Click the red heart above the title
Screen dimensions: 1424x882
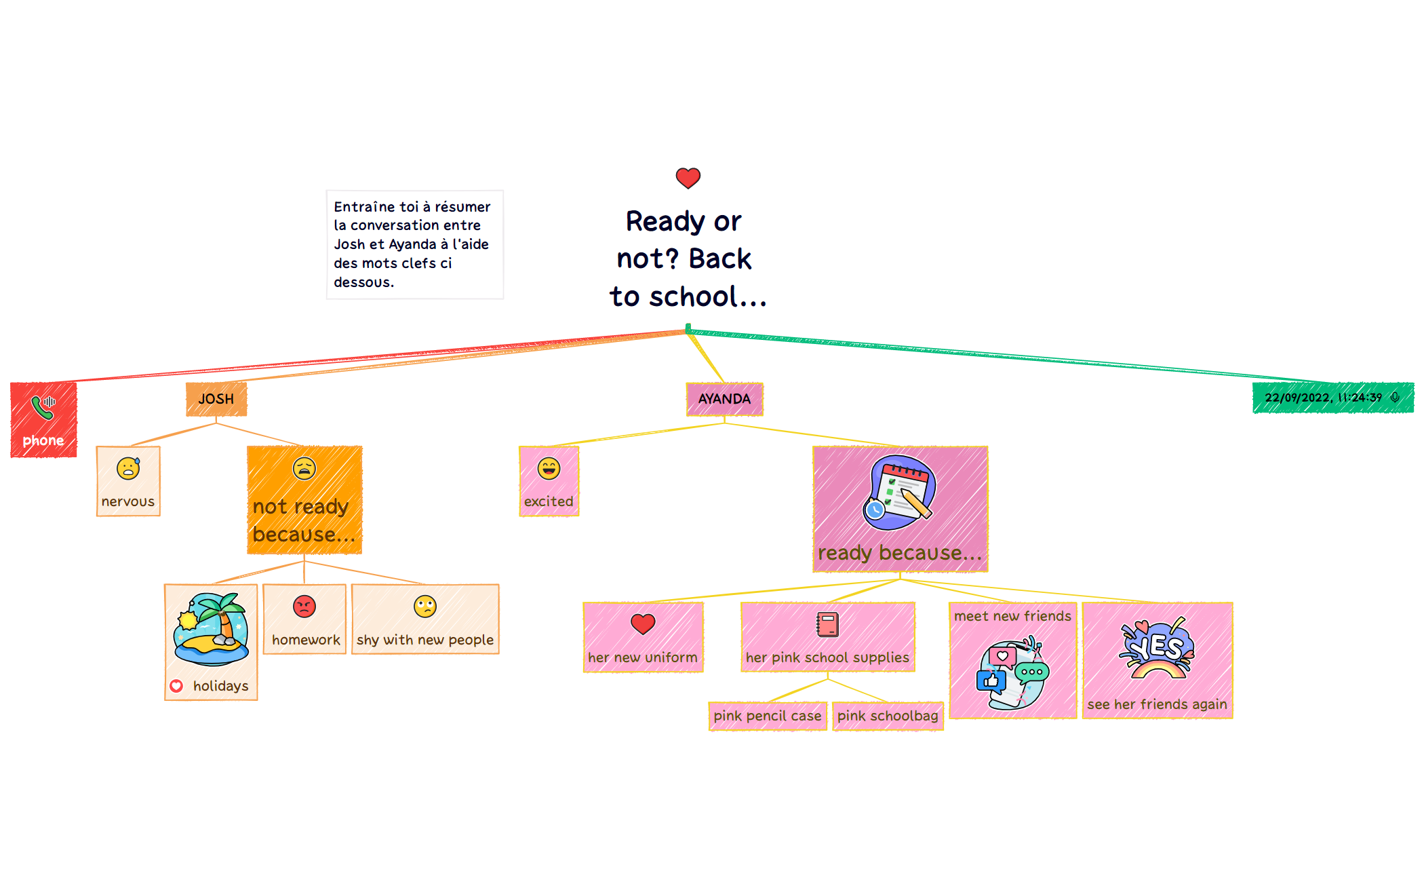point(688,178)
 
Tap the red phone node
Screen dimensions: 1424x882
point(43,420)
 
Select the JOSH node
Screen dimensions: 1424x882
point(216,399)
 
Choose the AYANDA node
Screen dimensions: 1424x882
point(724,399)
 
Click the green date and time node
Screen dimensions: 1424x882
point(1332,398)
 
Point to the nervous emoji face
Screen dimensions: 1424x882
point(128,468)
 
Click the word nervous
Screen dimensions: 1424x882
point(128,501)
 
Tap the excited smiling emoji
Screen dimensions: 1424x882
point(549,468)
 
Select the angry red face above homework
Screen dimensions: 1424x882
point(304,606)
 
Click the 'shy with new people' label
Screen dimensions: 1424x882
point(425,640)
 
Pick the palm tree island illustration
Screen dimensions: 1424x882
point(211,629)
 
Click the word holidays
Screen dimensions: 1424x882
point(220,686)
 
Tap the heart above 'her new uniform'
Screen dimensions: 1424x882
point(643,623)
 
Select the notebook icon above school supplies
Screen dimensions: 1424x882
point(827,624)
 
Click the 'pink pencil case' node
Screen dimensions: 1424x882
point(768,716)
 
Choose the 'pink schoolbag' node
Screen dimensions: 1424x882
point(888,716)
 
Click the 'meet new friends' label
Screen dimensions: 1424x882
point(1012,616)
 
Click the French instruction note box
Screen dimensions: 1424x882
point(414,244)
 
